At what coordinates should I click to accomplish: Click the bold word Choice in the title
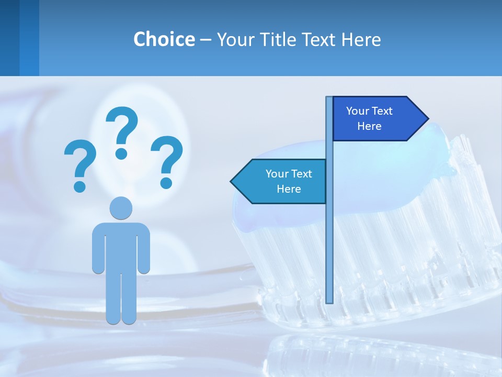pyautogui.click(x=164, y=39)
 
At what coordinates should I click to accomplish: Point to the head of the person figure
pyautogui.click(x=121, y=207)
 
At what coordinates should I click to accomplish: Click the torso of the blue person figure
pyautogui.click(x=121, y=246)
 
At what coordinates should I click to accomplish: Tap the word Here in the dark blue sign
pyautogui.click(x=369, y=126)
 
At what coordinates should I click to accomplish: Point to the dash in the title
pyautogui.click(x=206, y=40)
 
